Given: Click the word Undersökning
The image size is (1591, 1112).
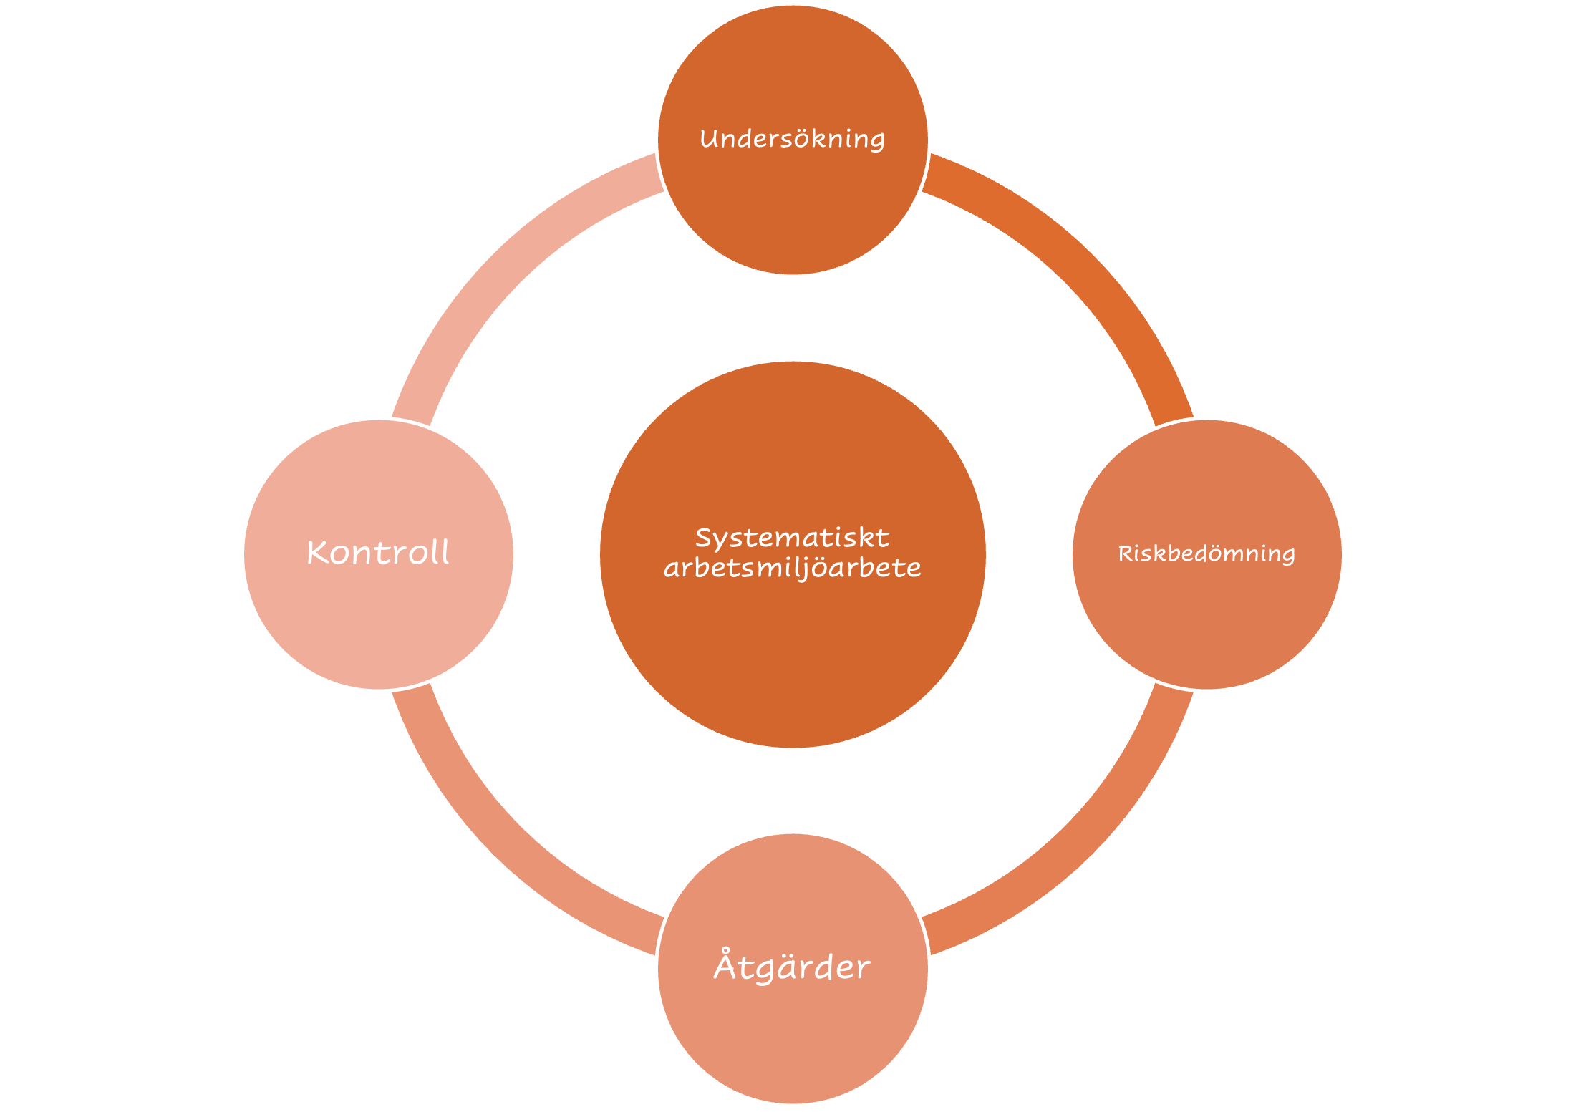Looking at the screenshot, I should pyautogui.click(x=792, y=139).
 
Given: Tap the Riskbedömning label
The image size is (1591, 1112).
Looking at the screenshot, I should pyautogui.click(x=1206, y=553).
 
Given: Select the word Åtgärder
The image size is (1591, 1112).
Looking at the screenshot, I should pyautogui.click(x=792, y=967).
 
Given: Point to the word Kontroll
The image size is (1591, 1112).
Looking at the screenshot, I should pyautogui.click(x=378, y=553).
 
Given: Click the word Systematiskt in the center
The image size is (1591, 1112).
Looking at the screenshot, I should pyautogui.click(x=792, y=538).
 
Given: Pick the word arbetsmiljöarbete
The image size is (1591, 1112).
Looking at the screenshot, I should pyautogui.click(x=792, y=569).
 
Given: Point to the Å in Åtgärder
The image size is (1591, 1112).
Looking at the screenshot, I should pyautogui.click(x=725, y=964).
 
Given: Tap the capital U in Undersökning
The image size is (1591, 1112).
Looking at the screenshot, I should pyautogui.click(x=708, y=138).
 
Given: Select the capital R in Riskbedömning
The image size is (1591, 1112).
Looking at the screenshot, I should pyautogui.click(x=1125, y=553).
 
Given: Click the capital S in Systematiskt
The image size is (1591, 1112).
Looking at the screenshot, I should pyautogui.click(x=704, y=538).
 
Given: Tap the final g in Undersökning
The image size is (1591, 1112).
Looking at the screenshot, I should pyautogui.click(x=877, y=142).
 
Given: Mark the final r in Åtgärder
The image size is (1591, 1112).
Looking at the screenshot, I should pyautogui.click(x=864, y=969).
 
